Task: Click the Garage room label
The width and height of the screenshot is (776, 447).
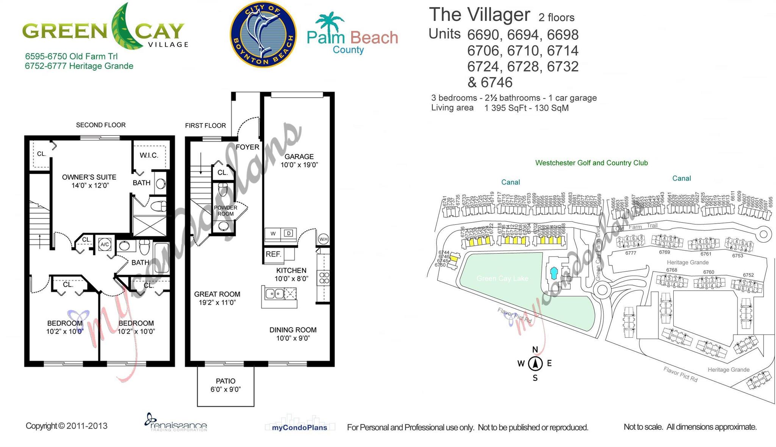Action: tap(299, 157)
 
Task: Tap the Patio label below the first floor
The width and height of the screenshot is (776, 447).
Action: tap(225, 381)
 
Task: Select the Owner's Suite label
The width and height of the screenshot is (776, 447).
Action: tap(89, 177)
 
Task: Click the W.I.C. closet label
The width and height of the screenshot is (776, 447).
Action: tap(149, 155)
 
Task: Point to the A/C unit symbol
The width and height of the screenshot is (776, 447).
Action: tap(105, 245)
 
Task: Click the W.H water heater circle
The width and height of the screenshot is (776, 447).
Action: tap(323, 239)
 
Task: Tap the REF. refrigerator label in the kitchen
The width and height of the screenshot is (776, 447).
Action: tap(273, 254)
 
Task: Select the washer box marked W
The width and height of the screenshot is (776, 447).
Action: tap(273, 234)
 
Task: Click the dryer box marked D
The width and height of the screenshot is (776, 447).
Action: tap(289, 234)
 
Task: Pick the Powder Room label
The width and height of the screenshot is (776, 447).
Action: tap(225, 211)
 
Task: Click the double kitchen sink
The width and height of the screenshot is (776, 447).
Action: tap(275, 293)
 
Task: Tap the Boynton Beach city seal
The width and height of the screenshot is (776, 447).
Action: tap(263, 34)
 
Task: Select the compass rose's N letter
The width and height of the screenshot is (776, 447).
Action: tap(535, 349)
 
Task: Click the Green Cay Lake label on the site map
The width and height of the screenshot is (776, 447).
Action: tap(502, 279)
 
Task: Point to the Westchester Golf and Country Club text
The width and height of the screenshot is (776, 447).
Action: tap(591, 163)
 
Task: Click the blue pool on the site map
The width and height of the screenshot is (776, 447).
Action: tap(554, 273)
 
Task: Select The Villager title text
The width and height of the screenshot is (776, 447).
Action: tap(479, 15)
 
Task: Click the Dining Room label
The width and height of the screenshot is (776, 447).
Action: tap(293, 330)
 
